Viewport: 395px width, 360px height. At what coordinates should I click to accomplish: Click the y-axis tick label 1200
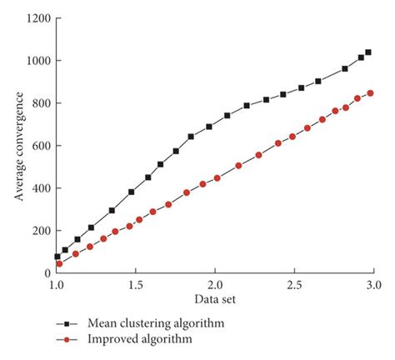click(x=38, y=18)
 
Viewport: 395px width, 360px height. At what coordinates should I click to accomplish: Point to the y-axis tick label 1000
click(x=38, y=61)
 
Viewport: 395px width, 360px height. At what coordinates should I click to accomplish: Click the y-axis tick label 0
click(x=47, y=273)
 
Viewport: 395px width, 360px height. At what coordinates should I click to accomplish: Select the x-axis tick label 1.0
click(x=57, y=285)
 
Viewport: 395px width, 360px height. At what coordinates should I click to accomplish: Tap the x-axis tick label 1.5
click(x=136, y=285)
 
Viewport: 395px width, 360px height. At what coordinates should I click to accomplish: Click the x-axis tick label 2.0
click(x=215, y=285)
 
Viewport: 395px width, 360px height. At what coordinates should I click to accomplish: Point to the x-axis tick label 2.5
click(x=294, y=285)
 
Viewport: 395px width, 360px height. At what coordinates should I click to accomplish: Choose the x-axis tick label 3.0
click(x=373, y=285)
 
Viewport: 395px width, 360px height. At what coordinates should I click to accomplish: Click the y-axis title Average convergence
click(x=17, y=146)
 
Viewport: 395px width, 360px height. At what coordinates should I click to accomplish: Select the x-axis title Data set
click(x=214, y=298)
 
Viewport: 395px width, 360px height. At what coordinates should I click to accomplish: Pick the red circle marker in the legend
click(x=60, y=339)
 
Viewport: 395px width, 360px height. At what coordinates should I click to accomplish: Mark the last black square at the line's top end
click(x=368, y=52)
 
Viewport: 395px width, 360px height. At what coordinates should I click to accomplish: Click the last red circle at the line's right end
click(x=371, y=93)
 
